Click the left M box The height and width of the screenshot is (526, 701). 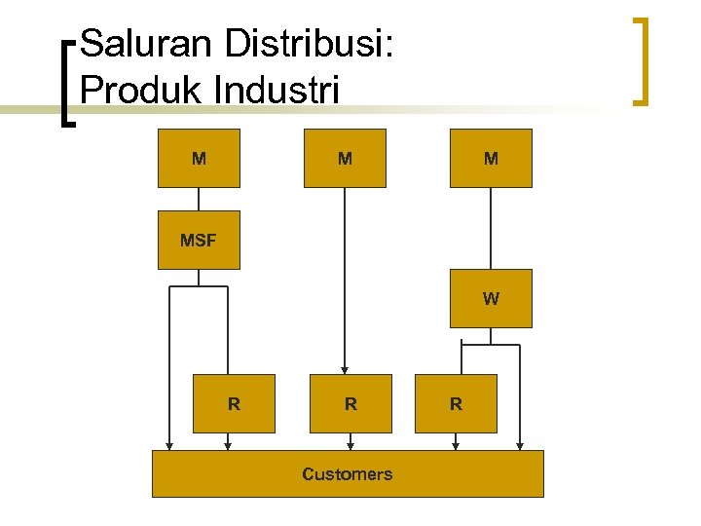pyautogui.click(x=199, y=158)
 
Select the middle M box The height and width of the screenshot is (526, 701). pyautogui.click(x=345, y=158)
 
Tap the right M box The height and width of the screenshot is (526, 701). pyautogui.click(x=491, y=158)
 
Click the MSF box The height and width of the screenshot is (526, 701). pyautogui.click(x=199, y=240)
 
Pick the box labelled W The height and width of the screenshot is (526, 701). pyautogui.click(x=491, y=298)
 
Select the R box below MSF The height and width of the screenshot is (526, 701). pyautogui.click(x=234, y=403)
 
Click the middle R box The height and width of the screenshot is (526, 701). pyautogui.click(x=350, y=403)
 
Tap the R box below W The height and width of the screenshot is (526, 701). pyautogui.click(x=456, y=403)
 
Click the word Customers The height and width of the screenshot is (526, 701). pyautogui.click(x=347, y=474)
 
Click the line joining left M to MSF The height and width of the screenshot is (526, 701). pyautogui.click(x=199, y=199)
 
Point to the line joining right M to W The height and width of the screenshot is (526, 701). pyautogui.click(x=491, y=228)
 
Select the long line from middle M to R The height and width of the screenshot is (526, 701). pyautogui.click(x=345, y=282)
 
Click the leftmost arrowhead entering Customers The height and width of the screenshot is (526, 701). pyautogui.click(x=169, y=445)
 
